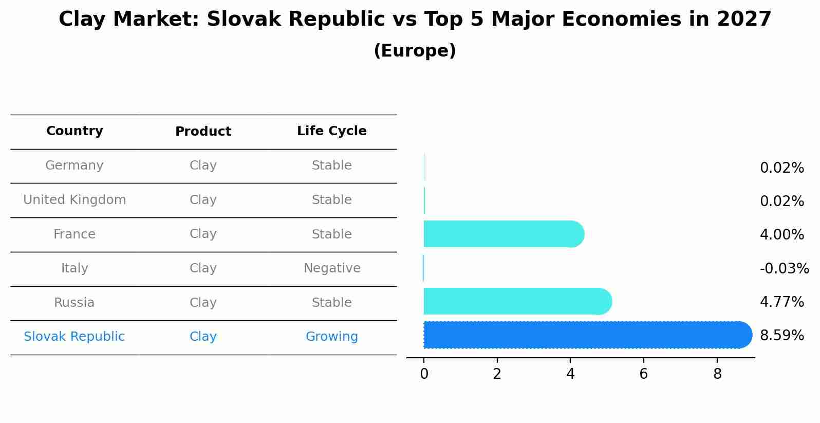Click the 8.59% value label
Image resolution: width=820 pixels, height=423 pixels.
coord(781,336)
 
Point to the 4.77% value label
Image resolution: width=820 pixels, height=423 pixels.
coord(781,302)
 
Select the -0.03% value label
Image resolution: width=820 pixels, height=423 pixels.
coord(784,268)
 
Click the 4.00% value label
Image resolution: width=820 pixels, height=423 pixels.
coord(781,235)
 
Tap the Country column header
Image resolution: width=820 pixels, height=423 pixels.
coord(74,131)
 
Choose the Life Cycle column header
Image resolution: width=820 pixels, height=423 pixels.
coord(331,131)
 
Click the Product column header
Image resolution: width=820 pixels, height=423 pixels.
coord(203,132)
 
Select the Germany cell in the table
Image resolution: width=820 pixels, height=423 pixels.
coord(74,165)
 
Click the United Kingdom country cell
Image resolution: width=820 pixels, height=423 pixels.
coord(74,200)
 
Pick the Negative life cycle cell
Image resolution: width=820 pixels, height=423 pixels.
coord(332,268)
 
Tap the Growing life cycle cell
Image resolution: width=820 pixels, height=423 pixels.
coord(331,337)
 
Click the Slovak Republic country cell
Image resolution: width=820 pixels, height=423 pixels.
coord(74,337)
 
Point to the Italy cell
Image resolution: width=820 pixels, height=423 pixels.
coord(74,268)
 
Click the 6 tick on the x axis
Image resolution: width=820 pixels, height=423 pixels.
coord(643,374)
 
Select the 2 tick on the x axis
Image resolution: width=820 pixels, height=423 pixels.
coord(497,374)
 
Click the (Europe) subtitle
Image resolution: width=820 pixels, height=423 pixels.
coord(415,51)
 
